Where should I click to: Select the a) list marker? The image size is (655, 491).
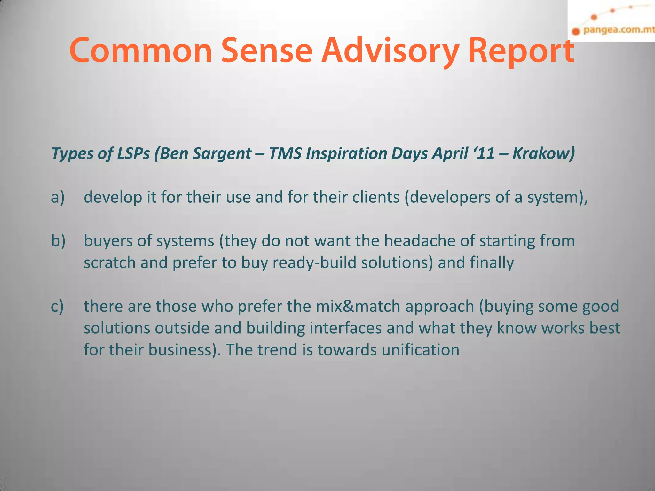(58, 197)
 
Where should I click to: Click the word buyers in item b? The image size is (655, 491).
(108, 241)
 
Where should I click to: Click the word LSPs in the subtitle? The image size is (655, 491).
(133, 153)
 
